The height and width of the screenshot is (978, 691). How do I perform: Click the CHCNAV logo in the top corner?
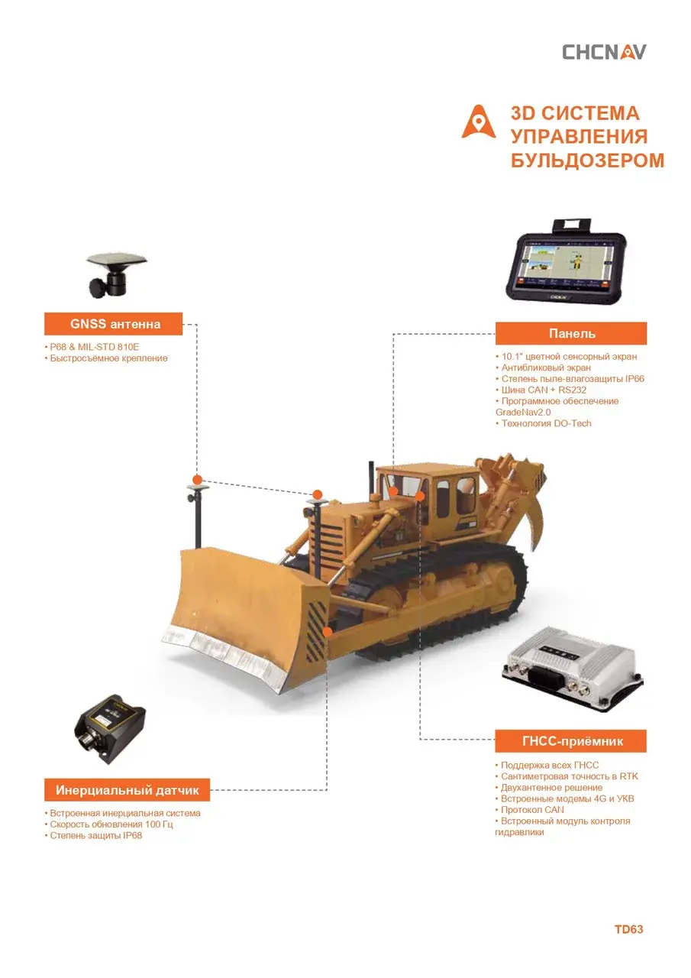tap(604, 52)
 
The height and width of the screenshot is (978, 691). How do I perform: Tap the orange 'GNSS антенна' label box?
tap(114, 323)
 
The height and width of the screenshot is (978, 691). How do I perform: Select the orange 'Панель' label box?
tap(571, 333)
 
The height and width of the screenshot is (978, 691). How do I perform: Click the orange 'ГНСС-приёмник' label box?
tap(570, 741)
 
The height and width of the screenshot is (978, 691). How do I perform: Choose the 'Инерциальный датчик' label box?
tap(127, 790)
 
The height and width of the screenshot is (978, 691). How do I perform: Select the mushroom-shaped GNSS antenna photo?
tap(116, 276)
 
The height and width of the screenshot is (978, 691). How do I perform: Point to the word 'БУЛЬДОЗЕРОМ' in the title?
tap(587, 160)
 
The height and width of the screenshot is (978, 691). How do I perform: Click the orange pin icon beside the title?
tap(479, 121)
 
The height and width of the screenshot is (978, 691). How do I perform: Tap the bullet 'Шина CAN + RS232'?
tap(541, 390)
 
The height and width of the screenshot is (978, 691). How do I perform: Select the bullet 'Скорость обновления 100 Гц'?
tap(108, 824)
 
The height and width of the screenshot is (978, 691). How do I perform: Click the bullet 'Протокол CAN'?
tap(529, 810)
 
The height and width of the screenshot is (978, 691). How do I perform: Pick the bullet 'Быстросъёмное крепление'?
tap(106, 358)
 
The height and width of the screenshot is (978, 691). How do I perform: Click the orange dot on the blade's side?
tap(328, 631)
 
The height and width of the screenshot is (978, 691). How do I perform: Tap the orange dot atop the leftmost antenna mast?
tap(197, 480)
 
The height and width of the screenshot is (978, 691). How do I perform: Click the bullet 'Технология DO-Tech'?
tap(544, 423)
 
